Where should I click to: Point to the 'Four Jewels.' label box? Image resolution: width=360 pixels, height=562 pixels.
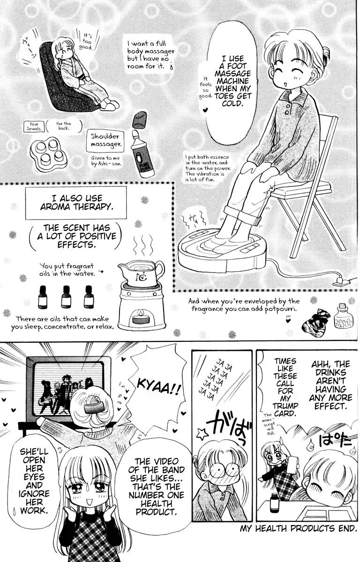(x=34, y=126)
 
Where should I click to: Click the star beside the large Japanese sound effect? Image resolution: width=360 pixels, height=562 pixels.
(x=202, y=433)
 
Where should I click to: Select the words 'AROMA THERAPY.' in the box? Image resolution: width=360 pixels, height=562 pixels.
(x=75, y=207)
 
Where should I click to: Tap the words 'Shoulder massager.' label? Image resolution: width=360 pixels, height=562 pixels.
(x=105, y=140)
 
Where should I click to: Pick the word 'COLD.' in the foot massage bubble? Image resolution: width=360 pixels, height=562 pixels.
(x=232, y=104)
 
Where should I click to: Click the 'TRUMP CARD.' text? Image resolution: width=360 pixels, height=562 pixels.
(x=285, y=409)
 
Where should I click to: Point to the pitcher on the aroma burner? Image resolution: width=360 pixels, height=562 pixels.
(x=141, y=272)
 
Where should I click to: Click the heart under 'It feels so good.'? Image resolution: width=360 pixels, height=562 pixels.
(x=206, y=110)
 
